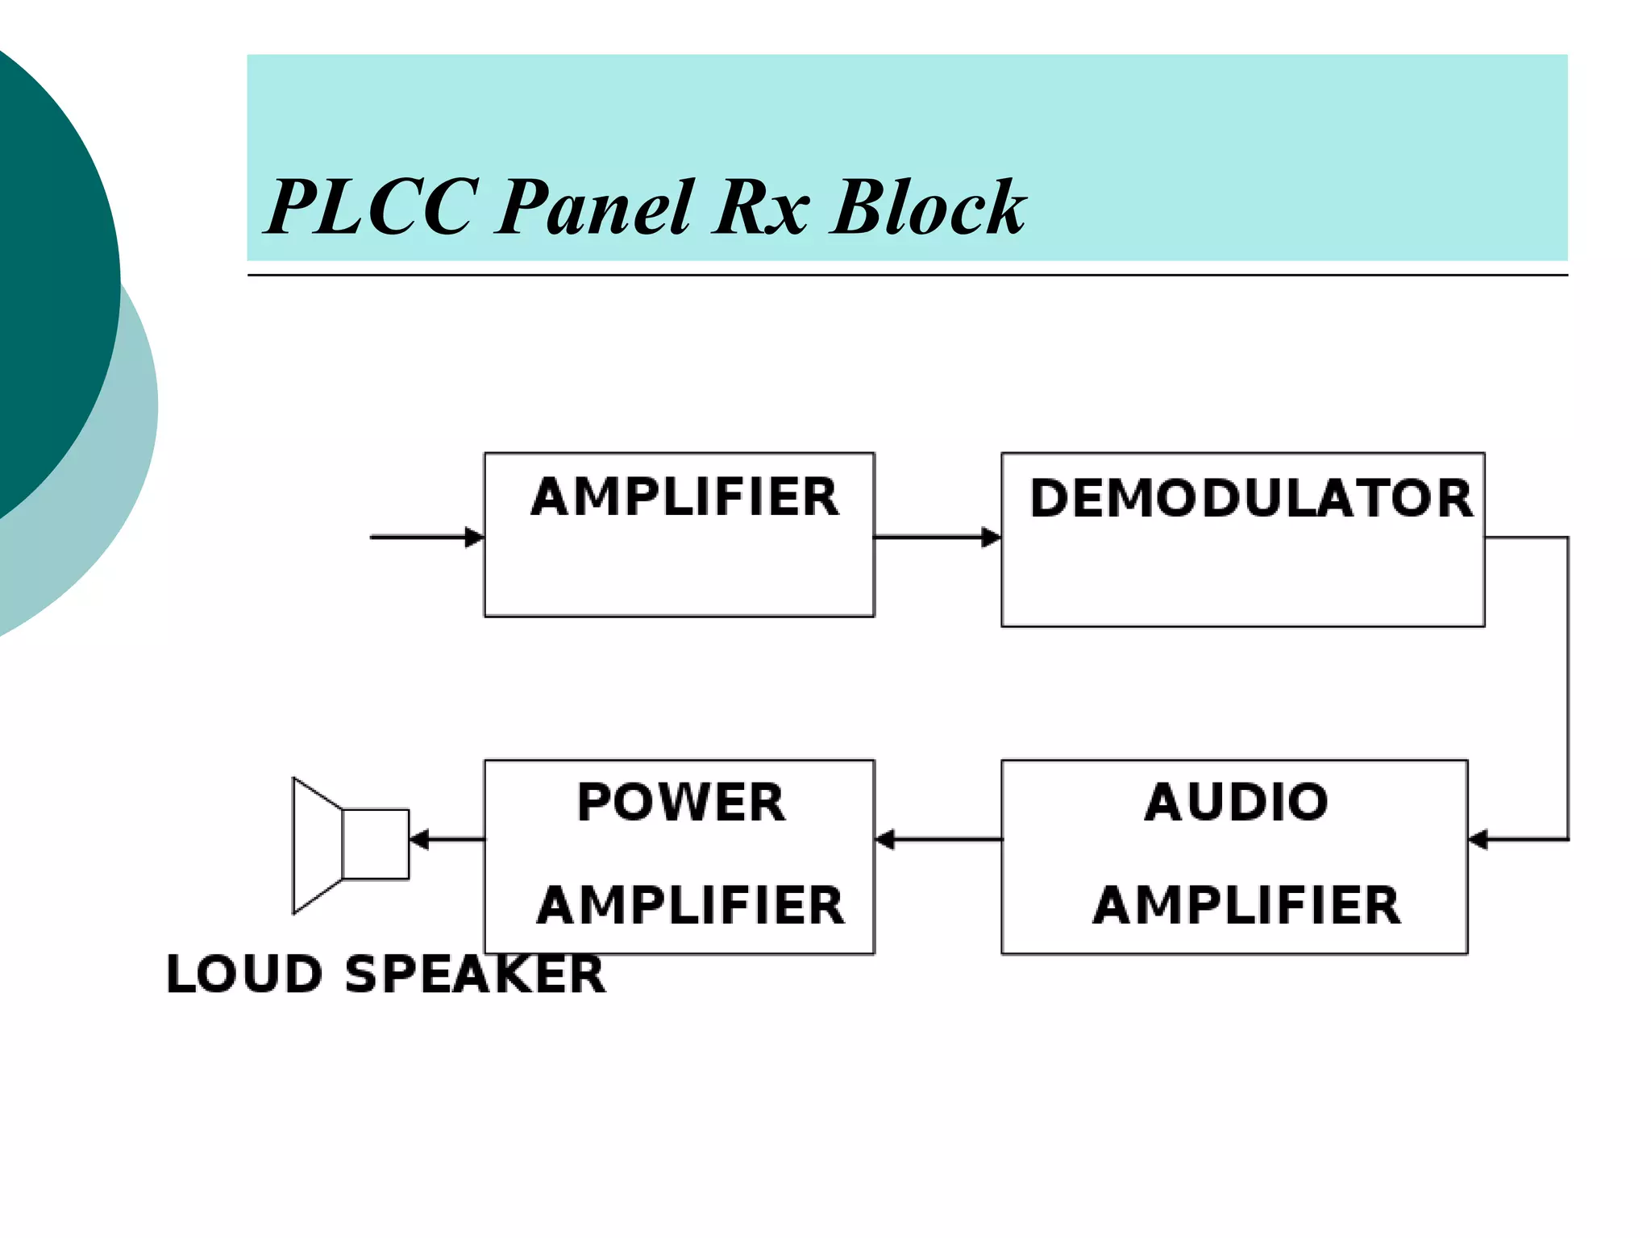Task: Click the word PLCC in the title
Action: coord(372,208)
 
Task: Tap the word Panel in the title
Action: coord(594,208)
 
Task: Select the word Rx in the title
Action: coord(760,208)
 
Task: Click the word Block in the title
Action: coord(927,208)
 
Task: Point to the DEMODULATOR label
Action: coord(1250,498)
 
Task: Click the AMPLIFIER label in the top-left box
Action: coord(684,496)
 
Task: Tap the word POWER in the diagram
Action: coord(680,803)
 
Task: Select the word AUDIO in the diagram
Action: coord(1236,803)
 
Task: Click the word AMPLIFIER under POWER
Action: coord(690,905)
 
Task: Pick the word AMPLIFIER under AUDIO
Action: coord(1246,905)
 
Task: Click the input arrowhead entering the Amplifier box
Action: coord(475,537)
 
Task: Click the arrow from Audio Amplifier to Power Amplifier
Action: coord(939,840)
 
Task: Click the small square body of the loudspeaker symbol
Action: coord(376,844)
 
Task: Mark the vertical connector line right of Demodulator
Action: coord(1567,685)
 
